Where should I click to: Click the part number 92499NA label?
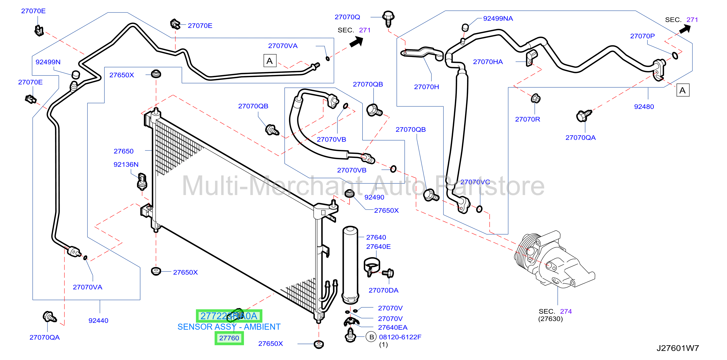coord(498,19)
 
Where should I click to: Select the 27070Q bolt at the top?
coord(388,18)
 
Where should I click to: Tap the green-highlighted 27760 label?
coord(229,338)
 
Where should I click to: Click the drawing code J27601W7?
coord(678,348)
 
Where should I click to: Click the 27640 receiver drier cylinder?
coord(350,265)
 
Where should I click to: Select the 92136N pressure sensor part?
coord(142,181)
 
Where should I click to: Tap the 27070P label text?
coord(642,36)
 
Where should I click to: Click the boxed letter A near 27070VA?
coord(269,61)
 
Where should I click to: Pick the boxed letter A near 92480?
coord(683,90)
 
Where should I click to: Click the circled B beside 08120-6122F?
coord(372,337)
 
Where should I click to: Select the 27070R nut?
coord(535,98)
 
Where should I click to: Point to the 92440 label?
coord(98,320)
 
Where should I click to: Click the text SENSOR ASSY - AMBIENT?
coord(229,327)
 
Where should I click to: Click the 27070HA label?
coord(488,62)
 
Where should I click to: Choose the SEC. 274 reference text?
coord(555,311)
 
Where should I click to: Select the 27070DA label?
coord(383,290)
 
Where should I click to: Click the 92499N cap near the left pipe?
coord(76,74)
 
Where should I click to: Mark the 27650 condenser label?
coord(123,151)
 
